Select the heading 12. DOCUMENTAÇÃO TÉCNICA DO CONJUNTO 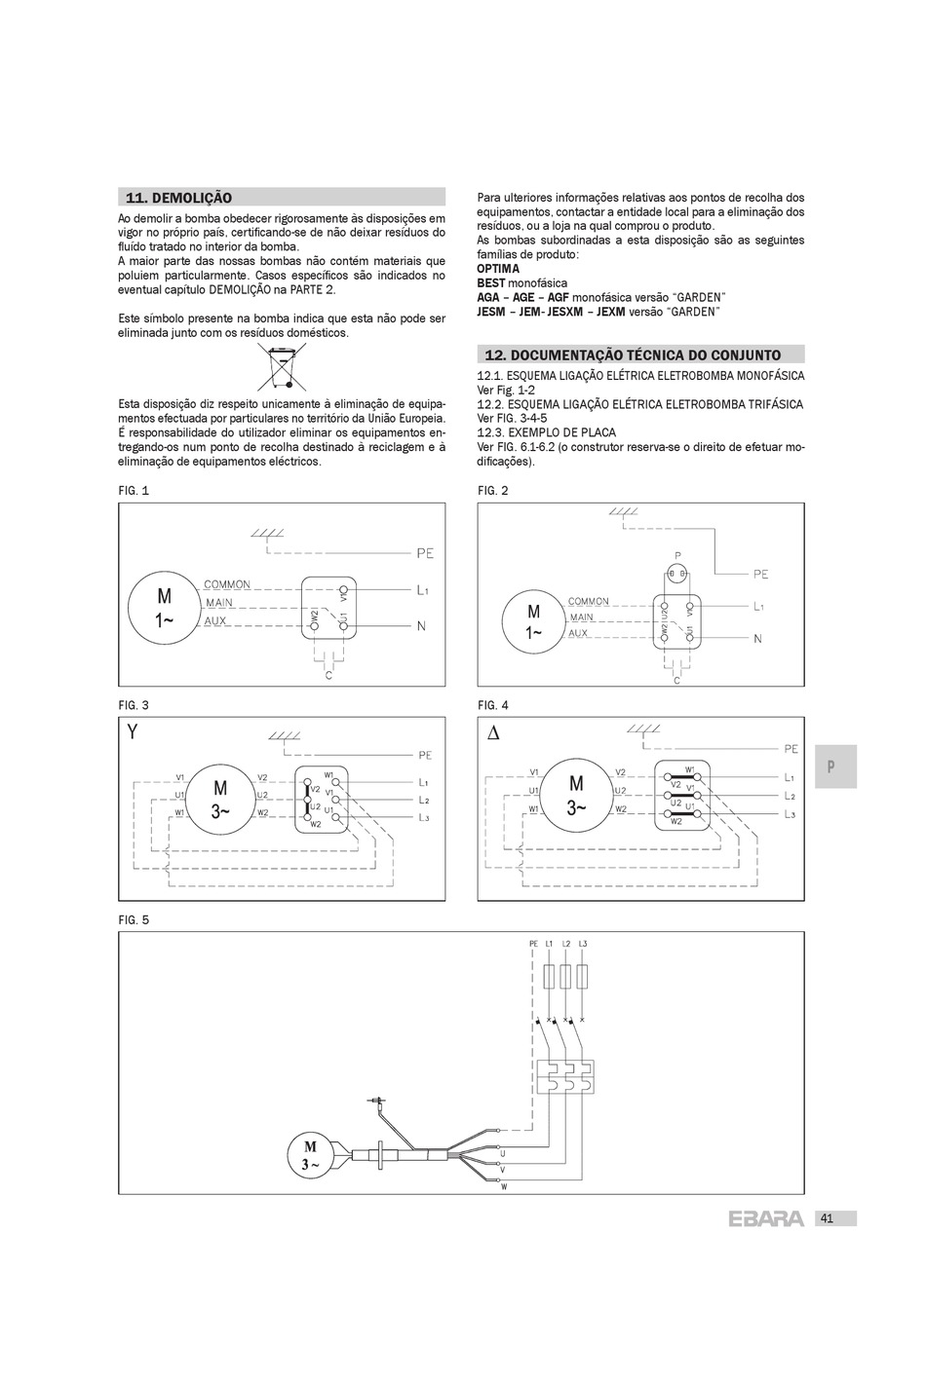click(633, 355)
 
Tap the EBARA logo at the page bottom click(766, 1218)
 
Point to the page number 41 click(827, 1218)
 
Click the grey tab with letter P click(831, 766)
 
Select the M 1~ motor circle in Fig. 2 click(533, 621)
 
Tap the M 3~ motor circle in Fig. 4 click(576, 795)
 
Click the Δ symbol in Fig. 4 click(492, 732)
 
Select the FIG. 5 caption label click(134, 919)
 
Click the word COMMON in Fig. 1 click(227, 584)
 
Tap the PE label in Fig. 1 click(425, 553)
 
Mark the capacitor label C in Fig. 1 click(328, 675)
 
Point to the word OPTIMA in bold click(498, 269)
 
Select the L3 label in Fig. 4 click(790, 813)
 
